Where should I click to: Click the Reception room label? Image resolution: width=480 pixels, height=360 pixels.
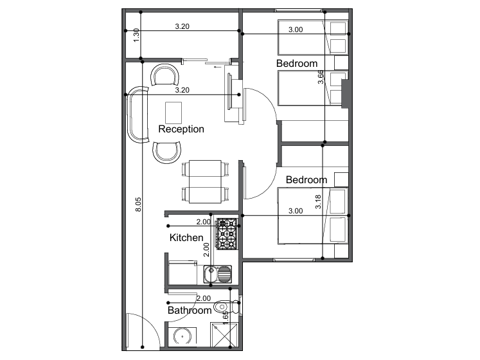coord(181,129)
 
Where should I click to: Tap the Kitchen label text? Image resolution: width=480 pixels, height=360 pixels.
coord(186,237)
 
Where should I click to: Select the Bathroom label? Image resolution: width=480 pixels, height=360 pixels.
coord(190,310)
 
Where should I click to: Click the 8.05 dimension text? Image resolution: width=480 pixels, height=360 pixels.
coord(138,204)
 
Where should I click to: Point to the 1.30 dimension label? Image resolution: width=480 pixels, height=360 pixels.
coord(136,35)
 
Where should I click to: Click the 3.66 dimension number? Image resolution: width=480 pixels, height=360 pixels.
coord(321,77)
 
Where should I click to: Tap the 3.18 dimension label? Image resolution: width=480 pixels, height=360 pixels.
coord(318,202)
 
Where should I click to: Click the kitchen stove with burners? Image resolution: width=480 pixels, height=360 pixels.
coord(227,234)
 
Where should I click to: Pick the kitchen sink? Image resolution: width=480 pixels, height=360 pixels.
coord(218,274)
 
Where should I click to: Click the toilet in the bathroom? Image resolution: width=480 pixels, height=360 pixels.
coord(227,307)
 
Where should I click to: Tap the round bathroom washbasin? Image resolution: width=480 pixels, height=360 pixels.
coord(182,336)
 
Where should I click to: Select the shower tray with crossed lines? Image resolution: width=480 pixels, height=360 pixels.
coord(224,335)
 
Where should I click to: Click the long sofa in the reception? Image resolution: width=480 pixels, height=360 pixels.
coord(138,114)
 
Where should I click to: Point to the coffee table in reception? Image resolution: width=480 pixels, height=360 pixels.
coord(173,113)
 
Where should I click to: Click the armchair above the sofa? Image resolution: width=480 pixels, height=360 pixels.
coord(164,75)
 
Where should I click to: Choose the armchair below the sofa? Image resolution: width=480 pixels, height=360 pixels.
coord(167,152)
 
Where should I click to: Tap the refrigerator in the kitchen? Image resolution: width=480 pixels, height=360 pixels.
coord(182,273)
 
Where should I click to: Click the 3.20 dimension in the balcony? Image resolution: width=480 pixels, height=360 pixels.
coord(182,26)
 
